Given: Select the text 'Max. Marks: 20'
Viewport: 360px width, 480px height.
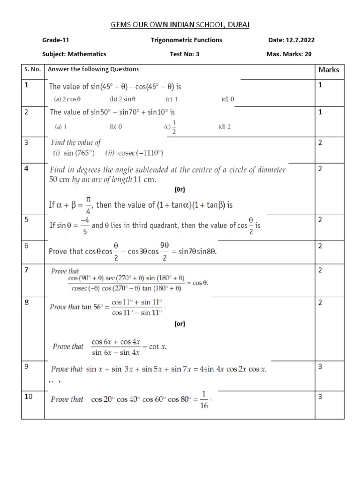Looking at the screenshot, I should (x=289, y=54).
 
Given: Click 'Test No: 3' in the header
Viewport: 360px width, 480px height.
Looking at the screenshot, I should (x=184, y=54).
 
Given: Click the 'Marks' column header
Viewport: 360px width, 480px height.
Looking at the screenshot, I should (x=329, y=70).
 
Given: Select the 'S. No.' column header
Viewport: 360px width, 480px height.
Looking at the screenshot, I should (x=33, y=69).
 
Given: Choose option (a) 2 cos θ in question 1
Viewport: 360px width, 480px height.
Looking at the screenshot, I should (x=68, y=99).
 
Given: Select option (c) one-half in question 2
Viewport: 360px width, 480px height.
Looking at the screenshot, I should (x=171, y=127).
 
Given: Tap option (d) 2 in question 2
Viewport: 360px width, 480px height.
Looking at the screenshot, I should (x=225, y=127).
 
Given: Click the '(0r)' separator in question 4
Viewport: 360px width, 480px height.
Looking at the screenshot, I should (x=180, y=190).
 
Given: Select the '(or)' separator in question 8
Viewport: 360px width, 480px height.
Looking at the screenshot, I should (x=180, y=324).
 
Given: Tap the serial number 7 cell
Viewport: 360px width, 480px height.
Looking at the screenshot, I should (x=27, y=270).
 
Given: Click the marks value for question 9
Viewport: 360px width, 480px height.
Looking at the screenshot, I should (x=320, y=367).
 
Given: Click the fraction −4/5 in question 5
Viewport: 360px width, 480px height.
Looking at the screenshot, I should (x=85, y=225).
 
